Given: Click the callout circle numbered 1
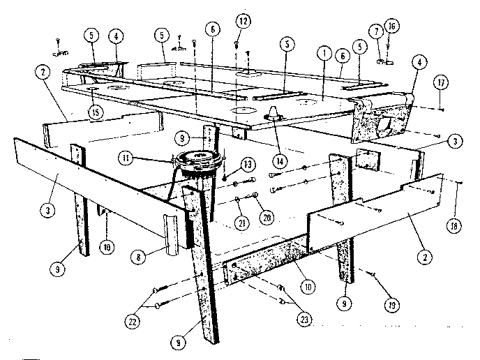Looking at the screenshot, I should pos(323,52).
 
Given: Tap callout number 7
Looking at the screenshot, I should pos(376,31).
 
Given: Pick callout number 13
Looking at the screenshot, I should pos(246,165).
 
